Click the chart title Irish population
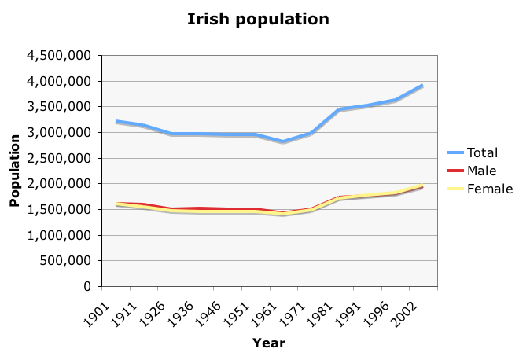click(258, 19)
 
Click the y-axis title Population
click(14, 171)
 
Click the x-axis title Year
click(268, 343)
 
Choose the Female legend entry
click(490, 189)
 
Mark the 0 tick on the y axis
click(88, 286)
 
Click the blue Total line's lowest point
click(283, 142)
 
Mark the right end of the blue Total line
click(422, 86)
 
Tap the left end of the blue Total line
click(116, 122)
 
